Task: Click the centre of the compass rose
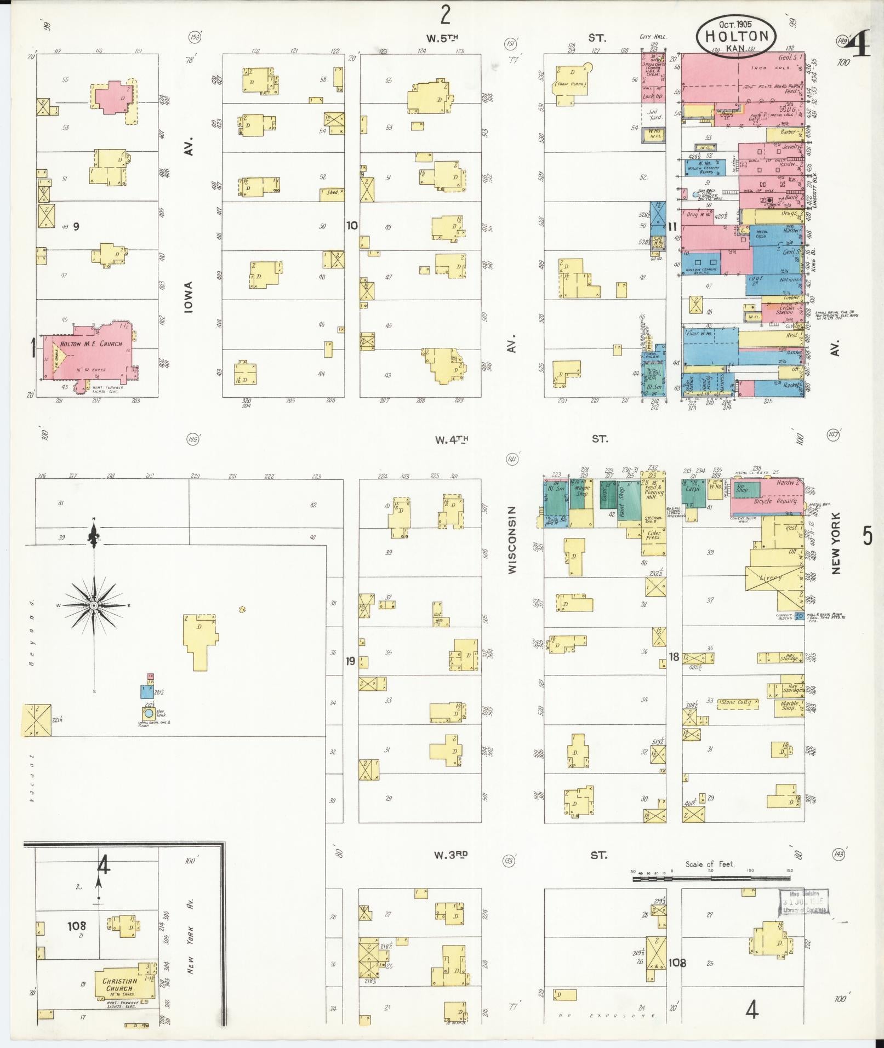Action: (94, 605)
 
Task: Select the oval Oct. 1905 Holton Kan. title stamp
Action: (735, 36)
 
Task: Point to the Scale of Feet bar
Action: (713, 879)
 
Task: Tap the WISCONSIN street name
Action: (512, 540)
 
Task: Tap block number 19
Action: (350, 661)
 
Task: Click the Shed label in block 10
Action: (332, 193)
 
